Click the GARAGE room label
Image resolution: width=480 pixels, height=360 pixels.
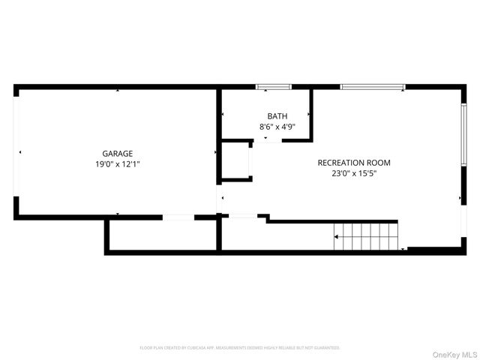[118, 153]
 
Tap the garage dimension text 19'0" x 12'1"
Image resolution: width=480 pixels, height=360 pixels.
[118, 163]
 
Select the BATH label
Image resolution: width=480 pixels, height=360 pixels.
[277, 116]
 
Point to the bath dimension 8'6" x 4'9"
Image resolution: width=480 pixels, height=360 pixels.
[277, 127]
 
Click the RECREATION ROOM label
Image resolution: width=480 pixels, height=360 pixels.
[354, 163]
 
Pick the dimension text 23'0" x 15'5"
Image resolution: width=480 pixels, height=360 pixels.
[354, 173]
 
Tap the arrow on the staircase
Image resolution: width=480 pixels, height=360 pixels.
[337, 237]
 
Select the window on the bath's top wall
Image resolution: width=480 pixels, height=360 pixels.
[273, 87]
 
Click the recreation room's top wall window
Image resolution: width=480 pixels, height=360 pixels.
[373, 87]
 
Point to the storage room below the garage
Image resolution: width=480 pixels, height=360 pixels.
[162, 235]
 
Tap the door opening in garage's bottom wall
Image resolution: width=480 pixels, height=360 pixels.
[178, 217]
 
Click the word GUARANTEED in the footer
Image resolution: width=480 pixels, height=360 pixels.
[326, 348]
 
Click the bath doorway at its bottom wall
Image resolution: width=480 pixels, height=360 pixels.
[265, 139]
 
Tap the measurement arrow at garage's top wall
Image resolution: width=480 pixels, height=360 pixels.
[118, 91]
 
